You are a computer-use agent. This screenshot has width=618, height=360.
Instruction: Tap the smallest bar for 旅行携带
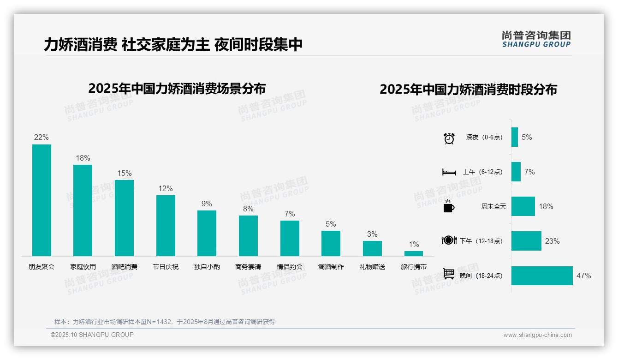(x=414, y=253)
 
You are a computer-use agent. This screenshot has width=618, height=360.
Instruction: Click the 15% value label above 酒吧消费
(x=124, y=174)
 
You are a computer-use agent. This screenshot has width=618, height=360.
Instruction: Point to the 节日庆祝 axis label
(x=166, y=267)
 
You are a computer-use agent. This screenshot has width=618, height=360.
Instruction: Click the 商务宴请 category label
(x=248, y=267)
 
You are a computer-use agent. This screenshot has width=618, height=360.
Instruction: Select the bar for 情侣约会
(x=290, y=238)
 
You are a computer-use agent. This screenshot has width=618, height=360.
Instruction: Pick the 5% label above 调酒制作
(x=331, y=224)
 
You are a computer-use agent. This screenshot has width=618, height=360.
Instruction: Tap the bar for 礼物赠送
(x=372, y=248)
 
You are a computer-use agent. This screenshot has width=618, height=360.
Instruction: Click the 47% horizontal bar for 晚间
(x=542, y=276)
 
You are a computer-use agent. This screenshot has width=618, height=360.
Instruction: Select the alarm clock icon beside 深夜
(x=449, y=138)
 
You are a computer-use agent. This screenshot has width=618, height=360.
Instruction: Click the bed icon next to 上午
(x=449, y=172)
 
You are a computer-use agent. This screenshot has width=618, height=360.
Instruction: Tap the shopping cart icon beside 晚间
(x=449, y=274)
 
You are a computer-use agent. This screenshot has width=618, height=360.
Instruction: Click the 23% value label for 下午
(x=552, y=241)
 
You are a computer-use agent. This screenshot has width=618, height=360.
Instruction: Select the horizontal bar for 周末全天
(x=523, y=206)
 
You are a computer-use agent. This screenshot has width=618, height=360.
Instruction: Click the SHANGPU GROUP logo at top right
(x=536, y=39)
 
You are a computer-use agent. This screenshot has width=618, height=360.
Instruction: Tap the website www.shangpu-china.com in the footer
(x=537, y=335)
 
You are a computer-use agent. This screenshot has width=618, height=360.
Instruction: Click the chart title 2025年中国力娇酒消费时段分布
(x=468, y=89)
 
